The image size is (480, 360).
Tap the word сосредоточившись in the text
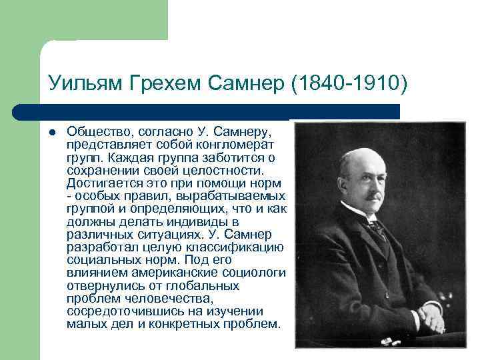coord(114,311)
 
